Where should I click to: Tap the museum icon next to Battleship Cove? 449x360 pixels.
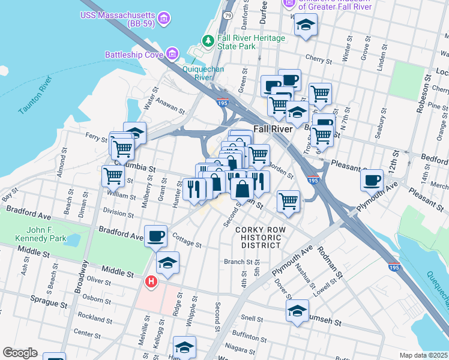(x=173, y=55)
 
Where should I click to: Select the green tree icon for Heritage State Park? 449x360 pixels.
(x=208, y=41)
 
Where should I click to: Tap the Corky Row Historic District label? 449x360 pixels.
(x=258, y=238)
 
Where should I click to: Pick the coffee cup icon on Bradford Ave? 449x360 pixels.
(x=156, y=235)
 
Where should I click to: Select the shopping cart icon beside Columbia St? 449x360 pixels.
(x=113, y=176)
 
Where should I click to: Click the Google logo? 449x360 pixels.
(x=20, y=353)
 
